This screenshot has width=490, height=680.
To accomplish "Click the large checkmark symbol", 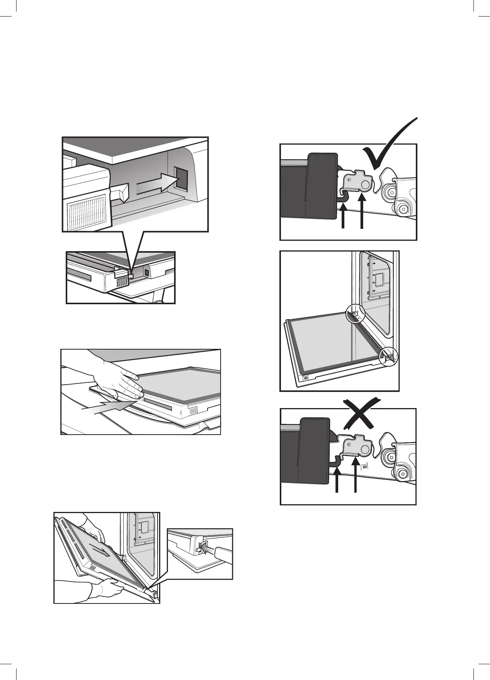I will [388, 148].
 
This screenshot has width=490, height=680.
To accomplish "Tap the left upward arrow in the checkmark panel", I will [342, 217].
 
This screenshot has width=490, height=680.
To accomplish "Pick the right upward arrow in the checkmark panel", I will [361, 213].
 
